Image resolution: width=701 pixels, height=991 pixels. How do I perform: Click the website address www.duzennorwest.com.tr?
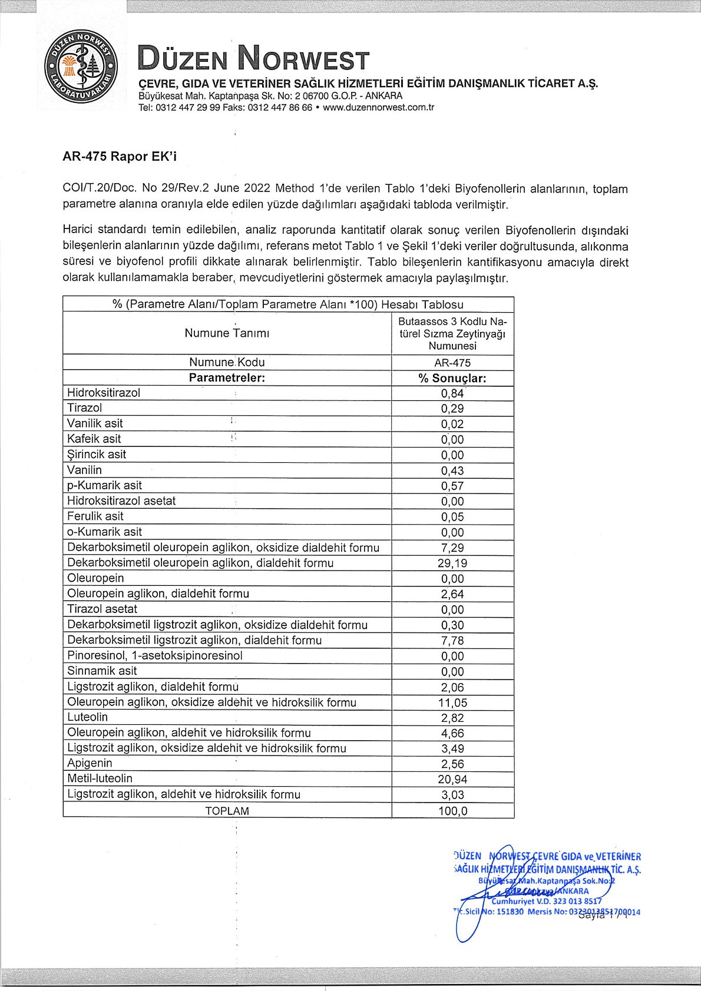point(379,108)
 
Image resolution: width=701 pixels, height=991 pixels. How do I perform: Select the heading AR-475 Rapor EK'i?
point(120,157)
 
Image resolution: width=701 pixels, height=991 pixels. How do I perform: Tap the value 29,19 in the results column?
point(452,564)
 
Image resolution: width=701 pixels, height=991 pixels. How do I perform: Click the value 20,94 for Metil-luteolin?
point(452,780)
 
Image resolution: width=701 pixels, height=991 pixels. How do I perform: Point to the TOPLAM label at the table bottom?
point(227,811)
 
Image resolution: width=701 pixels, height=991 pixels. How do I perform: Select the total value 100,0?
point(452,811)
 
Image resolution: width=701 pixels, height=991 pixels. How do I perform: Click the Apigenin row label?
point(90,763)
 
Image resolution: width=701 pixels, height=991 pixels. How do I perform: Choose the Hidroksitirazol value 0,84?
point(452,393)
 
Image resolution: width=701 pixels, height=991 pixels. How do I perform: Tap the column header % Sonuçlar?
point(452,378)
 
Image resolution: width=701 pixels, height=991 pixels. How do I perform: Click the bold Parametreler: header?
point(227,378)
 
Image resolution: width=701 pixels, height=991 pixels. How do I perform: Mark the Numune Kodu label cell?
point(227,362)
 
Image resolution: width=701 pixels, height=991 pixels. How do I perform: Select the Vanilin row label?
point(85,470)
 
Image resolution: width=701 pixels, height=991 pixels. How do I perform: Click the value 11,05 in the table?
point(452,702)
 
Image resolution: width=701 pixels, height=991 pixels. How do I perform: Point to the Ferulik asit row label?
point(95,516)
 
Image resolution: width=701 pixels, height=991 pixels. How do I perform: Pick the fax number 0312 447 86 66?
point(280,108)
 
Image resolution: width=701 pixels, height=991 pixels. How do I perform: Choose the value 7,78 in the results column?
point(452,641)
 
